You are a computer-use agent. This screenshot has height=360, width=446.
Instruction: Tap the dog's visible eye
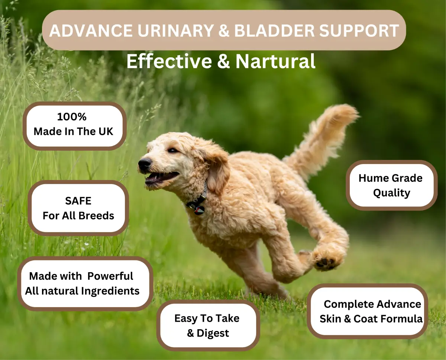(172, 150)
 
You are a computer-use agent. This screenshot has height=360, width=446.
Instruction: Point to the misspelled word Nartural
(275, 61)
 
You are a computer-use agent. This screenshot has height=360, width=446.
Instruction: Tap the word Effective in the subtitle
(169, 61)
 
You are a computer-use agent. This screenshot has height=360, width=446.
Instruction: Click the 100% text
(72, 117)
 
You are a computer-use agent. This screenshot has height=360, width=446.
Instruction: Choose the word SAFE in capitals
(78, 201)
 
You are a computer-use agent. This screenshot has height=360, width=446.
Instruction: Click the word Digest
(213, 333)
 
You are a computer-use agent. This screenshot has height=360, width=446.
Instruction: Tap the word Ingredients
(111, 291)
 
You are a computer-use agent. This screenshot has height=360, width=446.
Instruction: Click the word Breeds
(96, 216)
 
